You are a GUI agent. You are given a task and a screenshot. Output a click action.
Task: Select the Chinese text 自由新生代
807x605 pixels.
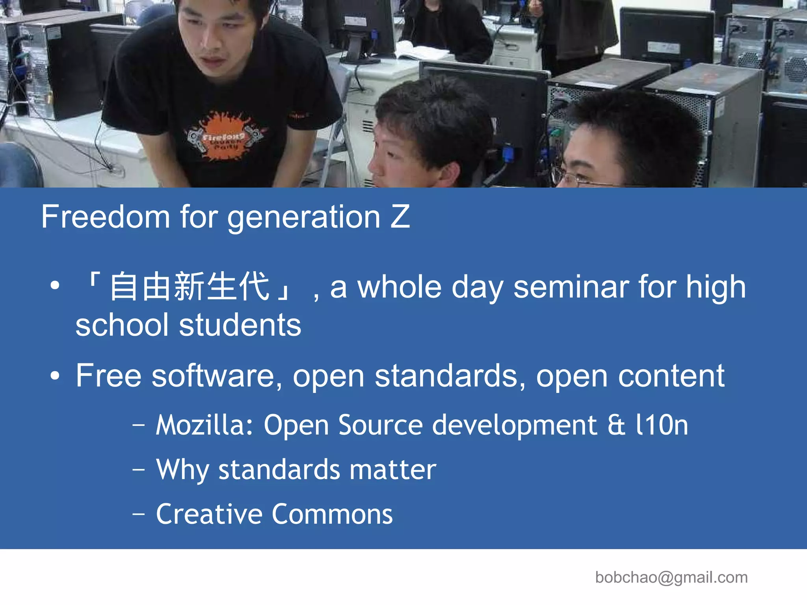pyautogui.click(x=190, y=287)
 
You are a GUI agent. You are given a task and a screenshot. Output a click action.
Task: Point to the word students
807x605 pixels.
pyautogui.click(x=240, y=326)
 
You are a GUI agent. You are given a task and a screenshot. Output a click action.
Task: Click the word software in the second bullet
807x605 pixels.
pyautogui.click(x=217, y=376)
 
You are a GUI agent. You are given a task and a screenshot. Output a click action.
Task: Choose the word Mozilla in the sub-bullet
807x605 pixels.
pyautogui.click(x=205, y=425)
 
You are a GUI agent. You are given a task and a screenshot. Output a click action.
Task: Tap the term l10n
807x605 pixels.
pyautogui.click(x=662, y=425)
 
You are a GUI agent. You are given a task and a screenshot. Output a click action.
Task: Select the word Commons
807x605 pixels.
pyautogui.click(x=333, y=514)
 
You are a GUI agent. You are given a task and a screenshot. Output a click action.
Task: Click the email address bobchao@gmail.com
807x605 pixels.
pyautogui.click(x=671, y=577)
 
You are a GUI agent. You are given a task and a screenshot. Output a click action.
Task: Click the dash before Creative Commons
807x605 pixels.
pyautogui.click(x=139, y=514)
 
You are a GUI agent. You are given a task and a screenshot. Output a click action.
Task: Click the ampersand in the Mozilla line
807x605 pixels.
pyautogui.click(x=616, y=425)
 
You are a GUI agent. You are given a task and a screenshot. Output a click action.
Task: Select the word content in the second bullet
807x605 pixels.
pyautogui.click(x=671, y=376)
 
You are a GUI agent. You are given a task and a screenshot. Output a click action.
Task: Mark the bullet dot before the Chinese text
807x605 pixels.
pyautogui.click(x=55, y=286)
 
